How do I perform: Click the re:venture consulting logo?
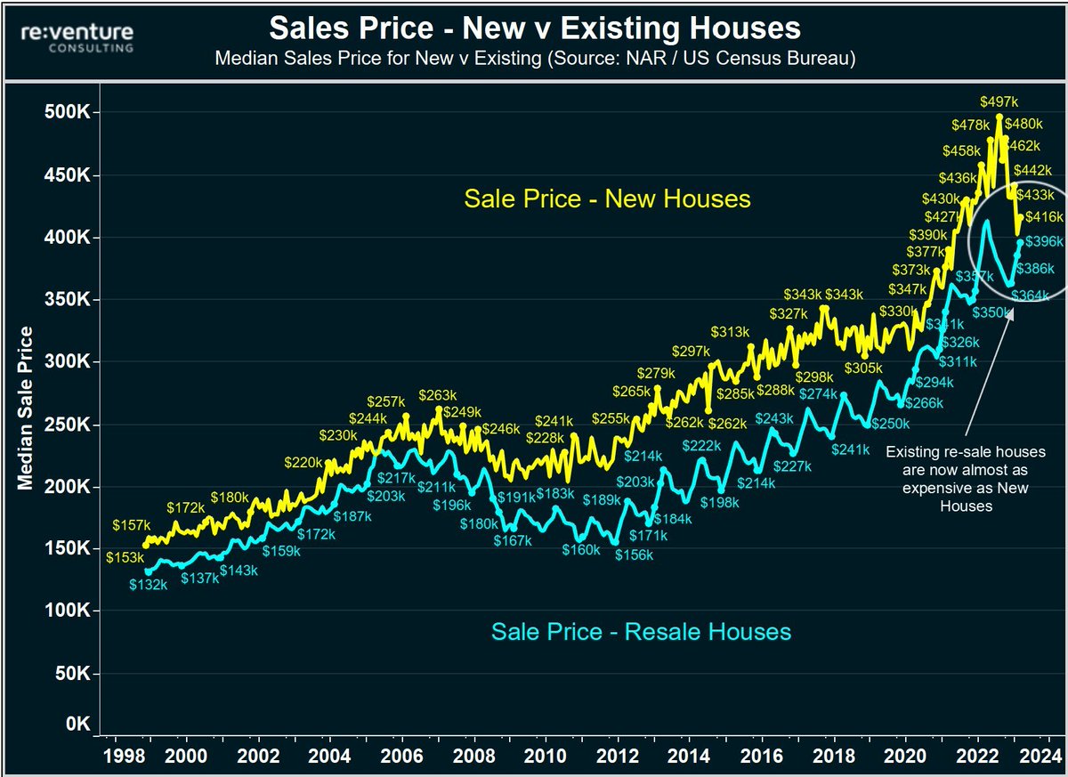[x=78, y=37]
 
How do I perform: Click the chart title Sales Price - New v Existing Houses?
[x=535, y=28]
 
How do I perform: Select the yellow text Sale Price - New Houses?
[x=606, y=198]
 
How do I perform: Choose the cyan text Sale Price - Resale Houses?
[x=640, y=632]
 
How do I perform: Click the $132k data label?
[x=148, y=585]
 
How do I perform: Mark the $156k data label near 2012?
[x=635, y=555]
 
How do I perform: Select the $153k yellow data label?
[x=125, y=557]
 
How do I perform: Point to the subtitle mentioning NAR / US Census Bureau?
[x=535, y=60]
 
